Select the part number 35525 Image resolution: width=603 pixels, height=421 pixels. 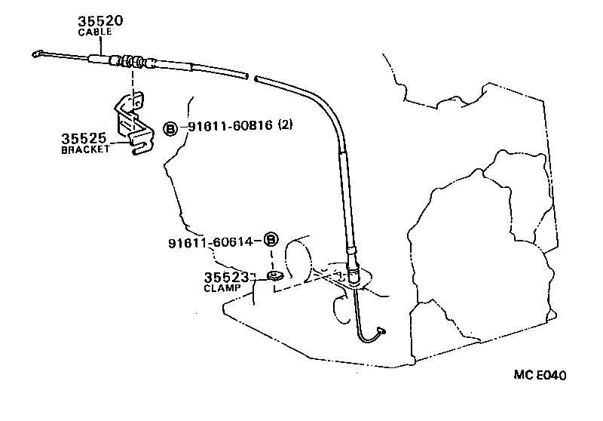pos(84,139)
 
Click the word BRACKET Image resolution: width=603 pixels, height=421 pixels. pos(85,149)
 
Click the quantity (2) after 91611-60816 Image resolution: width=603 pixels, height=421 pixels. pos(285,125)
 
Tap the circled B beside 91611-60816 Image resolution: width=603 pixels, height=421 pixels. pos(170,129)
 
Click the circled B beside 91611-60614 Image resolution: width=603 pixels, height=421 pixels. pos(271,241)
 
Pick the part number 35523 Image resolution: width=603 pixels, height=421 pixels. pos(228,278)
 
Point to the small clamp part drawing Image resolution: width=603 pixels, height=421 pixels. pos(275,276)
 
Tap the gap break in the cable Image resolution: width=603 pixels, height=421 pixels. pos(251,77)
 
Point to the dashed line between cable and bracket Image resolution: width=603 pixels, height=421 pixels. pos(133,81)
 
